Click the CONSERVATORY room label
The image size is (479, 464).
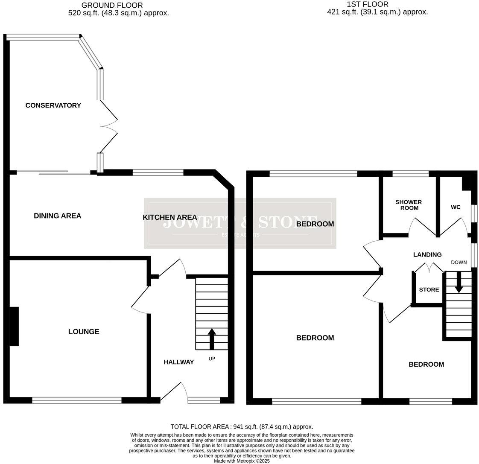53,105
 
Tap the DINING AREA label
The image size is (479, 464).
57,216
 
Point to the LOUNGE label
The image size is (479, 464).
84,332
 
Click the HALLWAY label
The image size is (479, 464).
178,362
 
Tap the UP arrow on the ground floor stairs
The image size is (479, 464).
212,338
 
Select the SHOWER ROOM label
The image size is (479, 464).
409,205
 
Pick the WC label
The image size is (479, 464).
456,207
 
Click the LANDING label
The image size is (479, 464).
427,255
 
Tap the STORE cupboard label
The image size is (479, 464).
429,290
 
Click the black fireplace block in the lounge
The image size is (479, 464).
14,327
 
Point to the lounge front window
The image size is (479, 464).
77,400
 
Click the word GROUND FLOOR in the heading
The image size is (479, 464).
112,5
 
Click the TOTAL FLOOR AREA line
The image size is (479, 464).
242,426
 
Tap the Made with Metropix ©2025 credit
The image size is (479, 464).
242,461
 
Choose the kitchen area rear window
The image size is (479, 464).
158,172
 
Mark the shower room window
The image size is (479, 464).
411,173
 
